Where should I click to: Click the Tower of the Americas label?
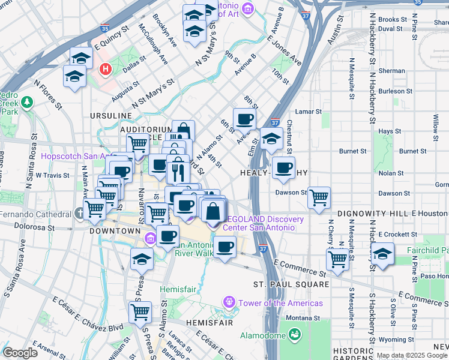tap(280, 303)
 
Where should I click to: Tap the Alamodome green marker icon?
tap(294, 334)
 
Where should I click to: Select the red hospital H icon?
tap(106, 70)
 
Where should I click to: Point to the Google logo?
tap(20, 353)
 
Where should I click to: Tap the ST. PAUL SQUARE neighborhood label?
tap(291, 284)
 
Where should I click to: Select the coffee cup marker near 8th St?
tap(244, 119)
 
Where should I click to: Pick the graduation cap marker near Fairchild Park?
tap(382, 253)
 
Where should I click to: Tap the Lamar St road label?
tap(309, 112)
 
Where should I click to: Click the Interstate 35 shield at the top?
tap(105, 28)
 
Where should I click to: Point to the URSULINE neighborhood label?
tap(110, 115)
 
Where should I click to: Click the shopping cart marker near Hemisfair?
tap(140, 312)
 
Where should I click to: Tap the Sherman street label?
tap(392, 71)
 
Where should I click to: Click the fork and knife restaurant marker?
tap(178, 172)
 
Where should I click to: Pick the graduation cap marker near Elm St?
tap(271, 139)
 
